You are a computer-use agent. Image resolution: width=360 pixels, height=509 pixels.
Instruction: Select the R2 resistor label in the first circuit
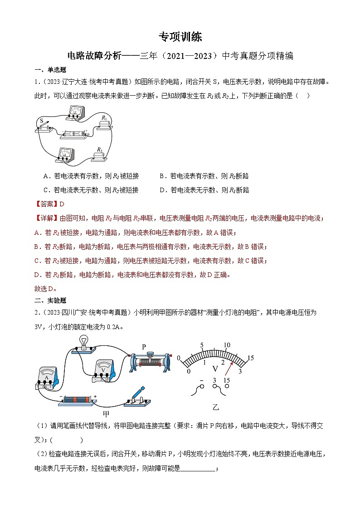[x=99, y=150]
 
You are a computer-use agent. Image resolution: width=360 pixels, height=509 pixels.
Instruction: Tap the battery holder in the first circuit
[x=73, y=134]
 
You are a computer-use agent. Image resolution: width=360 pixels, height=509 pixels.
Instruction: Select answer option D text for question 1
[x=204, y=190]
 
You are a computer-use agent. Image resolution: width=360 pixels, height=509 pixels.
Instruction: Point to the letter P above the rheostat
[x=144, y=347]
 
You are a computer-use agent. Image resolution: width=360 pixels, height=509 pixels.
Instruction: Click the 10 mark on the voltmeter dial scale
[x=227, y=344]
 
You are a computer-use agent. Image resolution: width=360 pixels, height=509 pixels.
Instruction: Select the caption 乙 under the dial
[x=216, y=407]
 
